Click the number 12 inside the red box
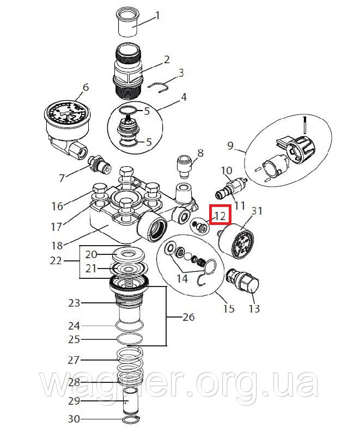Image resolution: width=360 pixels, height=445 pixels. tap(220, 216)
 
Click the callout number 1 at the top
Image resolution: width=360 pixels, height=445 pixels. tap(157, 15)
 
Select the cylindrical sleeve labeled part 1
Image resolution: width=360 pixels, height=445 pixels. tap(127, 22)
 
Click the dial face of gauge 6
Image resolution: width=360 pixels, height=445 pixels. tap(67, 114)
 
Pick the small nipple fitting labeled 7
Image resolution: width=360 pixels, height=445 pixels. tap(99, 164)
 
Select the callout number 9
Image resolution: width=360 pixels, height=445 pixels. tap(230, 145)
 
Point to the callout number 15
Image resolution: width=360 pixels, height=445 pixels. tap(229, 308)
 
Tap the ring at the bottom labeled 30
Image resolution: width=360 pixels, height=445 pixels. tap(131, 419)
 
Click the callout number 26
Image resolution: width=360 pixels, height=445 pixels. tap(188, 317)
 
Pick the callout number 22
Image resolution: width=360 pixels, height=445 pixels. tap(56, 260)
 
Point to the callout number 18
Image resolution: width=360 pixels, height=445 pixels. tap(57, 246)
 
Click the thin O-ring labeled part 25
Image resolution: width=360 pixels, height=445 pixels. tap(130, 339)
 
